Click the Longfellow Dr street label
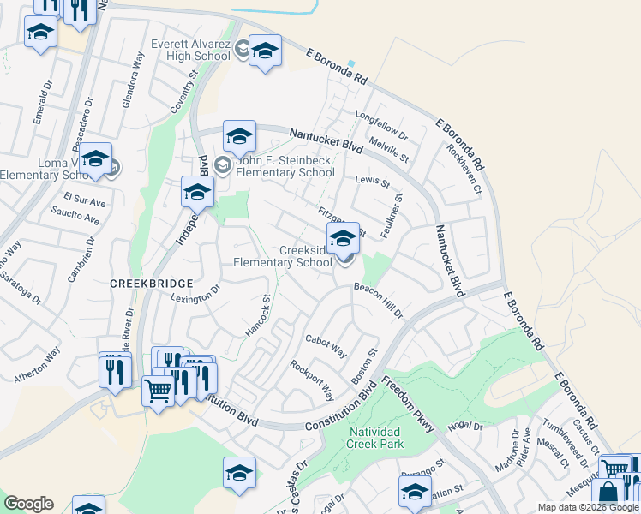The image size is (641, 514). click(380, 123)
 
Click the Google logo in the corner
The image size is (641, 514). click(28, 504)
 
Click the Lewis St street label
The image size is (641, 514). click(372, 182)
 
